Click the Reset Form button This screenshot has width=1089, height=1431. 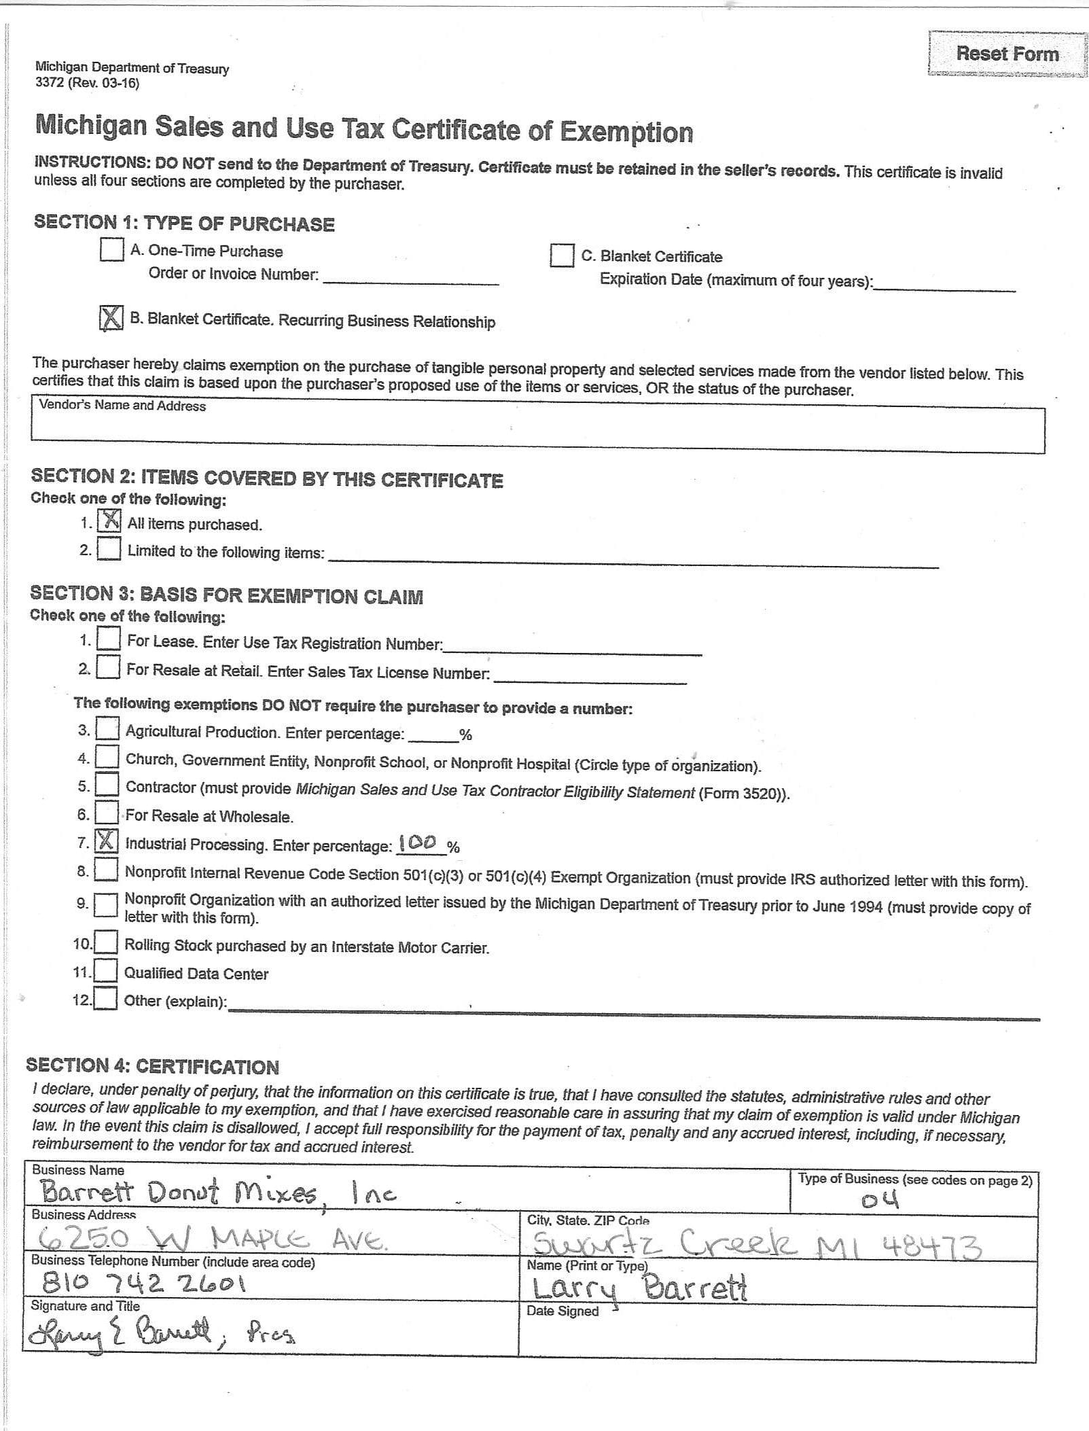1007,54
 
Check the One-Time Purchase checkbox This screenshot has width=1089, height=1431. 111,249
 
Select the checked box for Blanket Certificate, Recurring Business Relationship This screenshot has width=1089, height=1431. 111,317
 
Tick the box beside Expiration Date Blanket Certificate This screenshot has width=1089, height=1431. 562,255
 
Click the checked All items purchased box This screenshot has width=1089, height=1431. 109,521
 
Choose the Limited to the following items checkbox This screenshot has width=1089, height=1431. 109,549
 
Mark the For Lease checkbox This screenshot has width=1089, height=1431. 108,639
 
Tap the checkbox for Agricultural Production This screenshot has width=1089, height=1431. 107,730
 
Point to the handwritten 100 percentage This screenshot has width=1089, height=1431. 418,843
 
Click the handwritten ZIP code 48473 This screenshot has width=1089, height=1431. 931,1246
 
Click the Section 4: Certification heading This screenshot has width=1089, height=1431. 152,1066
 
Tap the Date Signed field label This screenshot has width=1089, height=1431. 563,1311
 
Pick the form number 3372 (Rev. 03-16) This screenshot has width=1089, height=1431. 87,83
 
